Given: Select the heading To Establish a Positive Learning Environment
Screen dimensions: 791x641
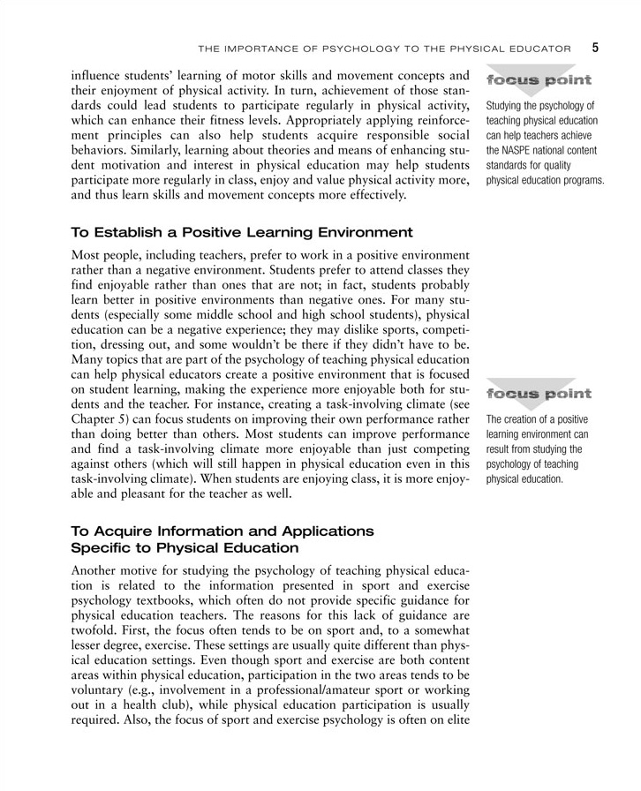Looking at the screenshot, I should click(241, 233).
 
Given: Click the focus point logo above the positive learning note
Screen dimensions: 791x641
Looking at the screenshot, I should click(537, 393).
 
